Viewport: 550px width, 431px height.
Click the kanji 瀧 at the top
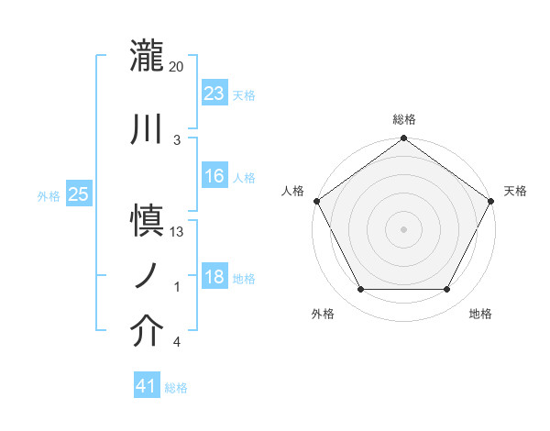tap(147, 56)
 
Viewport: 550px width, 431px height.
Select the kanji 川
tap(147, 129)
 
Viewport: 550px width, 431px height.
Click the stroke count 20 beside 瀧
tap(177, 67)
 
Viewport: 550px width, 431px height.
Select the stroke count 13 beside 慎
tap(177, 232)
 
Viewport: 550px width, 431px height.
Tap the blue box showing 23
tap(214, 94)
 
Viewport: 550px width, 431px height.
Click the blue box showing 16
tap(214, 176)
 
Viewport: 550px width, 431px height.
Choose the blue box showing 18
tap(214, 276)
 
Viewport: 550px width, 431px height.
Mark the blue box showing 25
tap(78, 194)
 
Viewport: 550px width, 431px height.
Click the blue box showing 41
tap(147, 386)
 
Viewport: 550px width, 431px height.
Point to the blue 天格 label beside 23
tap(243, 95)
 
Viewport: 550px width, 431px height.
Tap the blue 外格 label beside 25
tap(49, 195)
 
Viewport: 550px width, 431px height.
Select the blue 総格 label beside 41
tap(176, 388)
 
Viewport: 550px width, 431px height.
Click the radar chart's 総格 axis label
tap(404, 119)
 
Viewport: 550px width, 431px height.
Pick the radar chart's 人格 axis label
tap(292, 191)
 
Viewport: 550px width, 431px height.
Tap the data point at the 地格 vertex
tap(446, 290)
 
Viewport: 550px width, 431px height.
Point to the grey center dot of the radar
tap(403, 228)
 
